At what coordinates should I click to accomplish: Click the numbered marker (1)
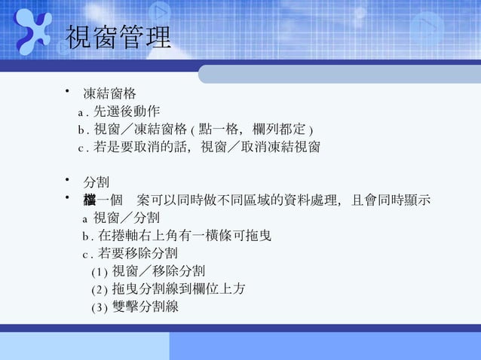point(99,271)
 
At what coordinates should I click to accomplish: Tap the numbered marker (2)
point(99,289)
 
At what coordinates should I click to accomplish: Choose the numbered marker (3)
point(99,307)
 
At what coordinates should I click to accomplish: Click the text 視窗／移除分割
point(158,270)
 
